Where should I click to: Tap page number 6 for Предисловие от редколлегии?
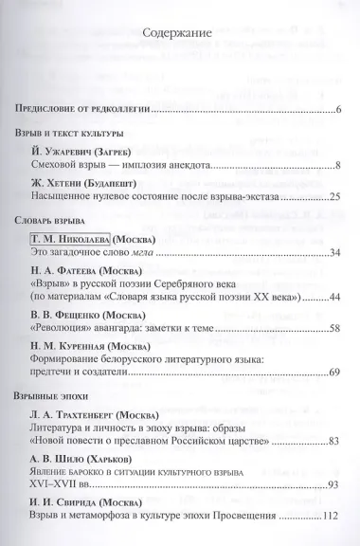click(x=337, y=110)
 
